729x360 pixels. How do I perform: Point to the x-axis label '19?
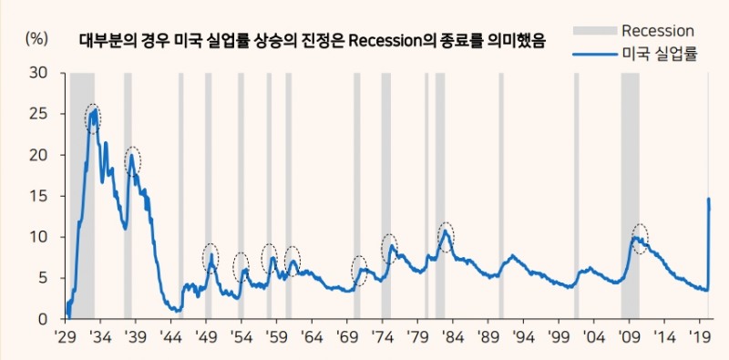(x=700, y=337)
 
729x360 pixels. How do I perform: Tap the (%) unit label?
(x=36, y=39)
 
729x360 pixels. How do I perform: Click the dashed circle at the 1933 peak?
(x=93, y=118)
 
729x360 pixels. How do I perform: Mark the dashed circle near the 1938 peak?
(x=133, y=160)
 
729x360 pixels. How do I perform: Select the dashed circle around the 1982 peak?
(x=446, y=235)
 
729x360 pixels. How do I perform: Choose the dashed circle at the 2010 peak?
(x=640, y=239)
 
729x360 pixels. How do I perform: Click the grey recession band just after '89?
(x=500, y=196)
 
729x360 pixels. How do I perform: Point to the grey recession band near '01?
(x=576, y=196)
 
